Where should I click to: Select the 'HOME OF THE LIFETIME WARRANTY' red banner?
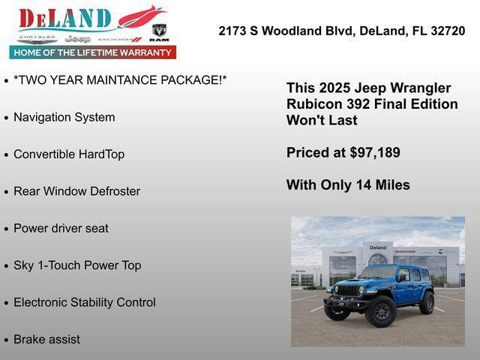[x=93, y=52]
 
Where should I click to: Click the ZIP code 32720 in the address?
[x=447, y=31]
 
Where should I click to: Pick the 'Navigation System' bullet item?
[x=64, y=117]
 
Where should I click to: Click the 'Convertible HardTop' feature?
[x=69, y=154]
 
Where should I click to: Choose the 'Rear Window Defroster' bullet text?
[x=76, y=191]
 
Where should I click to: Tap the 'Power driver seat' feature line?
[x=61, y=228]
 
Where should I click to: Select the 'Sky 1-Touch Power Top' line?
[x=77, y=265]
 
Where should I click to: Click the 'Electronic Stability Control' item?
[x=85, y=302]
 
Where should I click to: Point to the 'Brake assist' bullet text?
[x=46, y=339]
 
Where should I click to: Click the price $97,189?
[x=375, y=152]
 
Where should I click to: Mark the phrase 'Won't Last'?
[x=322, y=120]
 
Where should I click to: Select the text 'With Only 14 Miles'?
[x=348, y=184]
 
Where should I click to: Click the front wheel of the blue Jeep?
[x=380, y=311]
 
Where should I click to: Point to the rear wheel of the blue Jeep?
[x=427, y=303]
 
